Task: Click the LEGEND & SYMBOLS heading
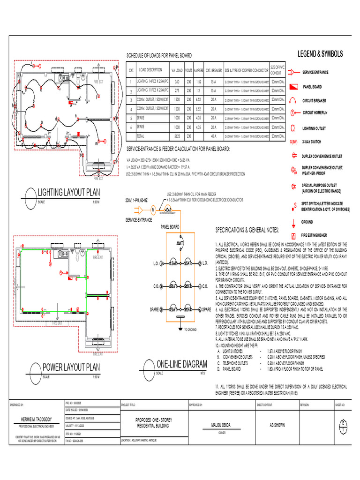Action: click(x=320, y=54)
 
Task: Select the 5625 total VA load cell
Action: click(x=177, y=135)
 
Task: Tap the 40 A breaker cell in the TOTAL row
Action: click(x=214, y=135)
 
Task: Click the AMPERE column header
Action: click(x=198, y=70)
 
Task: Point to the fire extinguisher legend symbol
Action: click(x=293, y=235)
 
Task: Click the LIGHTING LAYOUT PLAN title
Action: click(x=69, y=193)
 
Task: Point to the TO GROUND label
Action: click(x=190, y=330)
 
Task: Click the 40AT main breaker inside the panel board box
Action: click(x=179, y=244)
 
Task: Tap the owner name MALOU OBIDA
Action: click(x=216, y=425)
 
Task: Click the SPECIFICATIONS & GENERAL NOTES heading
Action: click(x=247, y=230)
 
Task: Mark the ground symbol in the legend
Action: click(x=293, y=221)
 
